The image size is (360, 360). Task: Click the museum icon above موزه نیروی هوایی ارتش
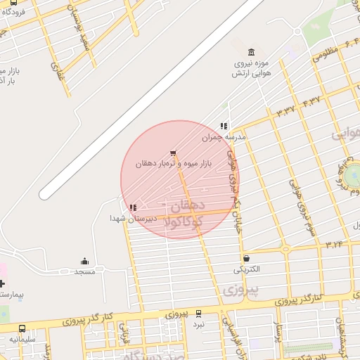(252, 52)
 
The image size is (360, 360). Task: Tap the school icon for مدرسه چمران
(224, 127)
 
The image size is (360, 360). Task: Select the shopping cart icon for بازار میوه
(173, 153)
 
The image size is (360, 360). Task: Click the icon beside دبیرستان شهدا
(133, 207)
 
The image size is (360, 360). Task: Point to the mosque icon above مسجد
(85, 261)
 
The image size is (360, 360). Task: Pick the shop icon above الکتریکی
(246, 258)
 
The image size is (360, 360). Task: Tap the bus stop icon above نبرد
(198, 314)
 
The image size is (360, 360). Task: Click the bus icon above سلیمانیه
(22, 328)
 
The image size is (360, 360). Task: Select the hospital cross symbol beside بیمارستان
(2, 283)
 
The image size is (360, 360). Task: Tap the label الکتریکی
(246, 269)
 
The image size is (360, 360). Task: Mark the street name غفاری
(56, 69)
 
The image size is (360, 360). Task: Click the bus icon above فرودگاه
(14, 2)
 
